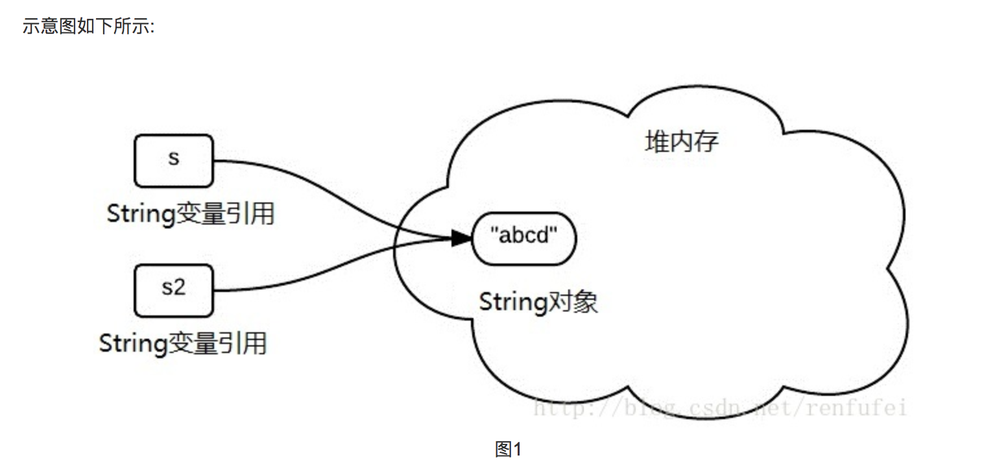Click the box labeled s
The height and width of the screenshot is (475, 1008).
[x=173, y=160]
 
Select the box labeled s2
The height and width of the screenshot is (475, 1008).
[x=173, y=289]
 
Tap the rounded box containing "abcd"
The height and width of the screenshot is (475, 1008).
[x=524, y=238]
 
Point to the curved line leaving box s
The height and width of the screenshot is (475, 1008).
[x=311, y=181]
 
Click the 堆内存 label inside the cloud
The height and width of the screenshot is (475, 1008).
[x=682, y=141]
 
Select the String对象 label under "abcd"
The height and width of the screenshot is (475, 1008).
[x=538, y=302]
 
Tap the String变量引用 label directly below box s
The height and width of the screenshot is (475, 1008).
[x=190, y=213]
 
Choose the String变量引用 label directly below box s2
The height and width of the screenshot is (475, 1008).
[x=182, y=343]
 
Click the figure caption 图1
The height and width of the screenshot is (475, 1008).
[x=508, y=449]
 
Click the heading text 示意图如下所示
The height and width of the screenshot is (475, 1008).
[x=88, y=27]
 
